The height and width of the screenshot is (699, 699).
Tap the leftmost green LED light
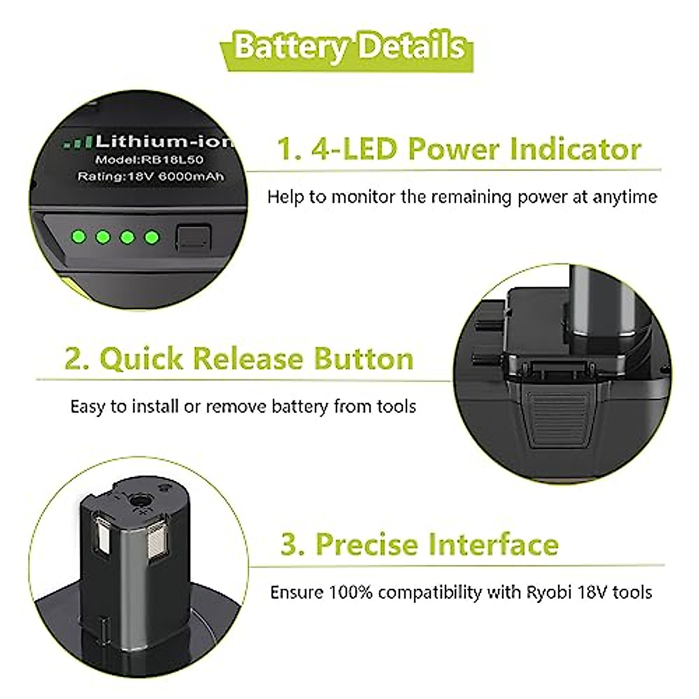coord(77,237)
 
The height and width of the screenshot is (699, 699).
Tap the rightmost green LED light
coord(151,237)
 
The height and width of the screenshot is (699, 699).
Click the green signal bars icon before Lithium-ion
coord(77,142)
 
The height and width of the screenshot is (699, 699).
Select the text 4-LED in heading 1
coord(355,149)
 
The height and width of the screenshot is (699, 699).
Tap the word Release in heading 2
coord(249,358)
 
